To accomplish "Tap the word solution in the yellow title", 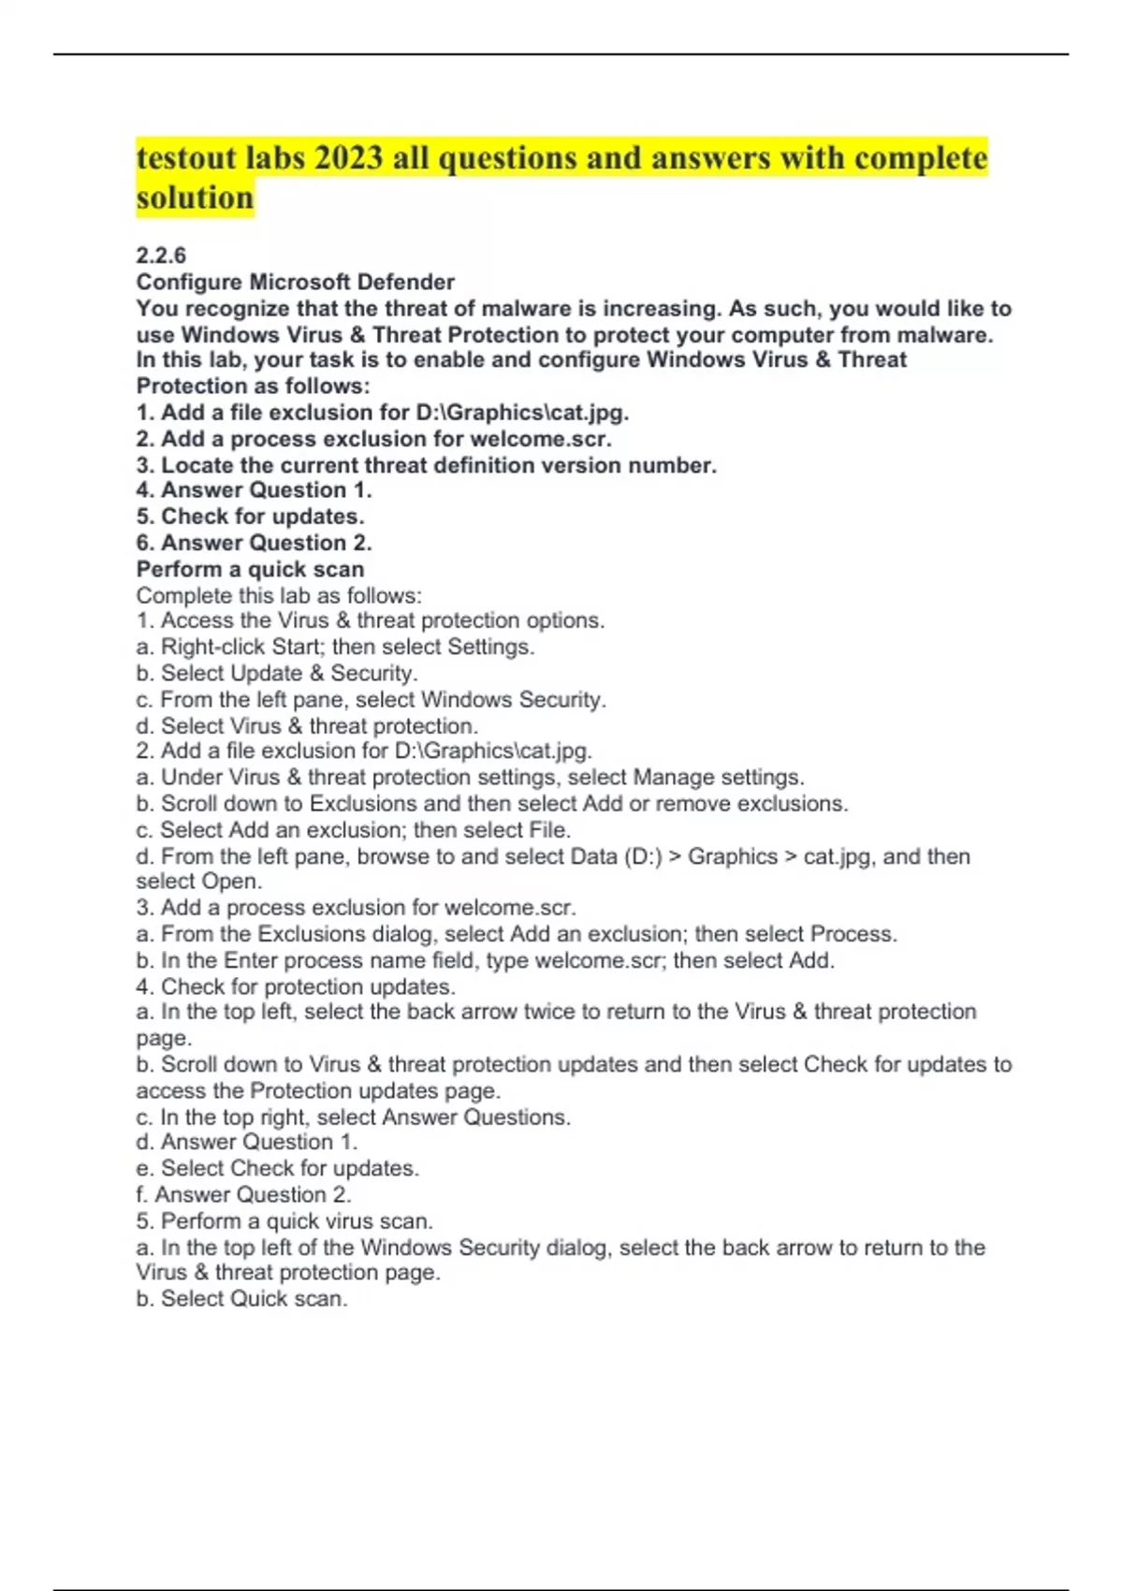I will click(x=195, y=197).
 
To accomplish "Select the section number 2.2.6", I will click(x=161, y=255).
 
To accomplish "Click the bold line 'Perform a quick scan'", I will click(x=250, y=569).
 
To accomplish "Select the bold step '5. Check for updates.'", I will click(x=250, y=517).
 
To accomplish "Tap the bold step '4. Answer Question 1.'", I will click(x=254, y=490).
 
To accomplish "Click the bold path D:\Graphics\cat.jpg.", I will click(x=521, y=413).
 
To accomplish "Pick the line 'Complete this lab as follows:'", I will click(x=279, y=595).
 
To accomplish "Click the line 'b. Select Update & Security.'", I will click(x=277, y=673).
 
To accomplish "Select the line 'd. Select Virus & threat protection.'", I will click(x=307, y=725).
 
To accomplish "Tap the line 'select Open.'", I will click(x=199, y=882).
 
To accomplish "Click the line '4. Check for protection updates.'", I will click(x=296, y=986).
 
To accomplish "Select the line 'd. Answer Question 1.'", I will click(x=246, y=1142).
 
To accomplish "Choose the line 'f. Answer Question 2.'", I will click(x=243, y=1194).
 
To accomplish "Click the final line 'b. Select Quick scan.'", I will click(x=241, y=1299).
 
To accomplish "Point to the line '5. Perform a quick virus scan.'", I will click(x=284, y=1220).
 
